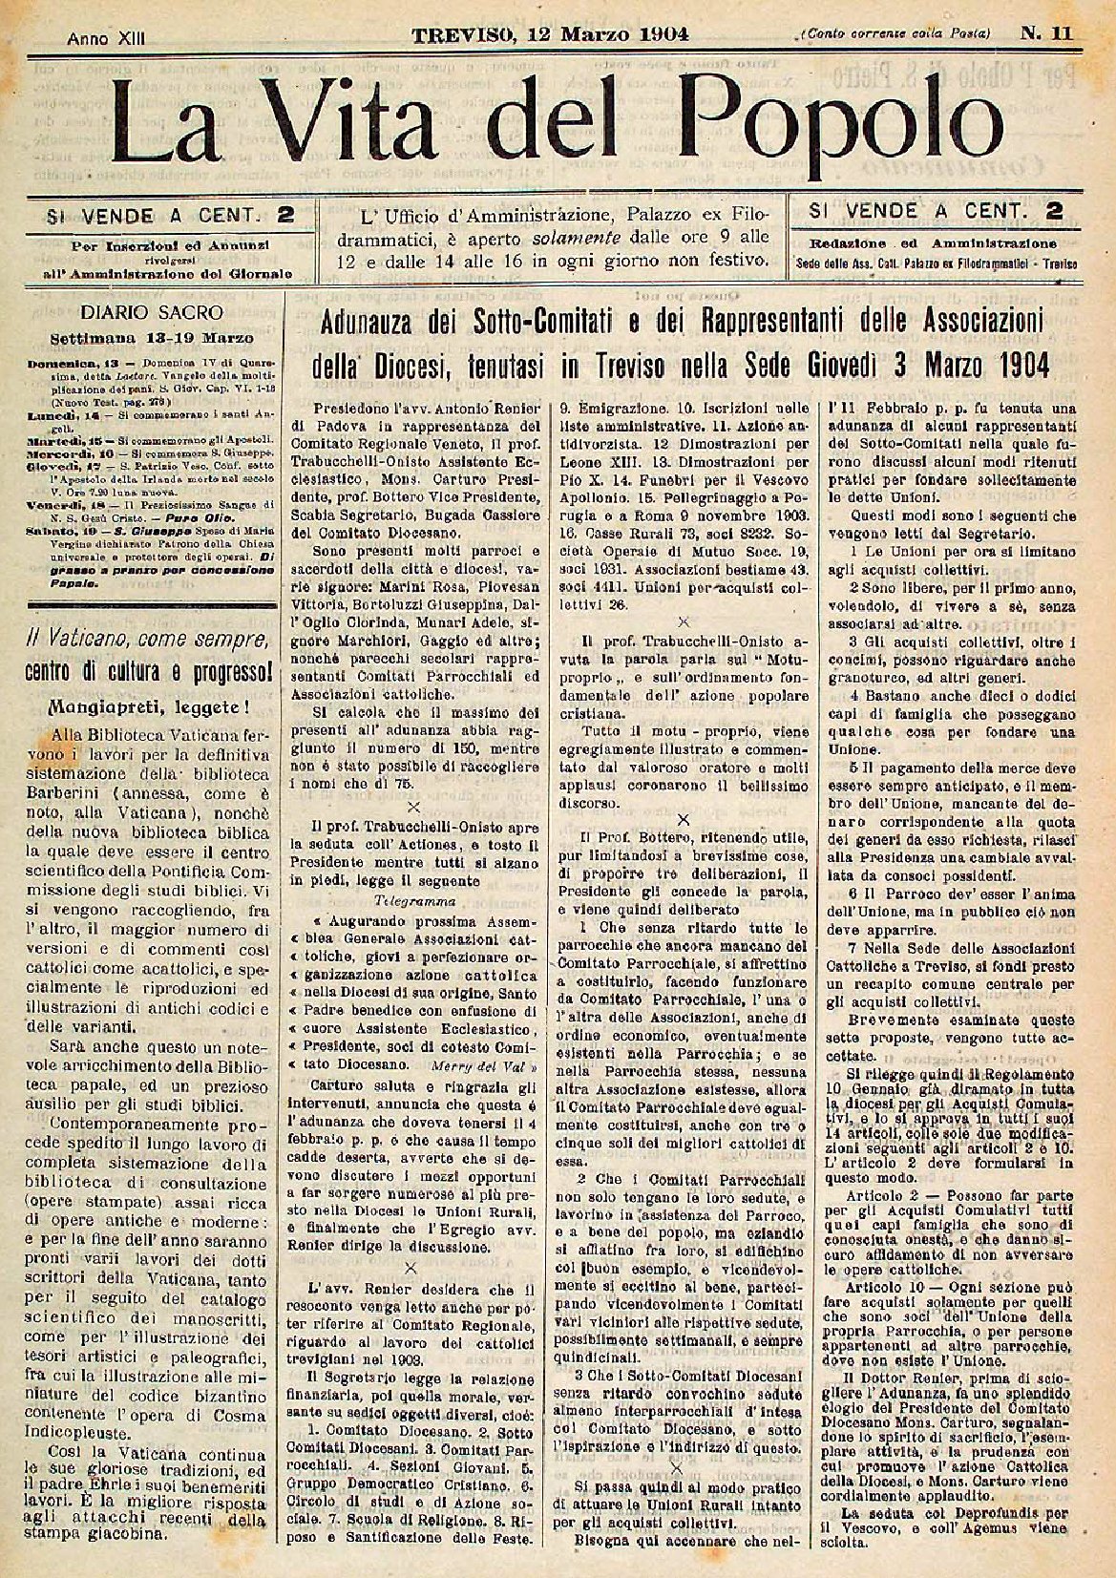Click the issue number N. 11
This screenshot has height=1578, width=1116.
point(1048,33)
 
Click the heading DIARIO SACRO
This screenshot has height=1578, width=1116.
point(152,311)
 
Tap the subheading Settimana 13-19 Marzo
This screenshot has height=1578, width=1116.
point(153,337)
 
